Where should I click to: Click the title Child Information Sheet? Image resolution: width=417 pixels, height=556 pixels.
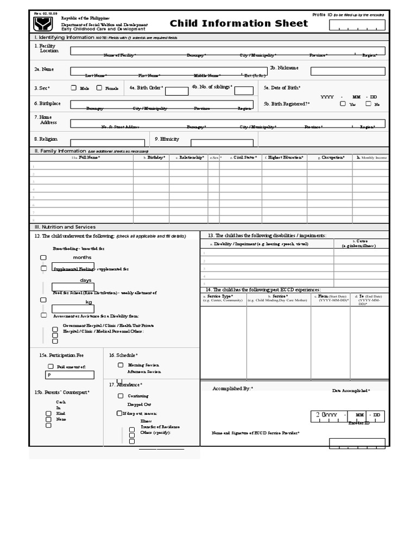228,23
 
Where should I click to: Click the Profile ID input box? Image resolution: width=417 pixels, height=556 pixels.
364,25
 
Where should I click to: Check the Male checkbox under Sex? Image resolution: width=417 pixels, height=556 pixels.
74,88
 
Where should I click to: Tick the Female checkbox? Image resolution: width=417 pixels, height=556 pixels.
99,88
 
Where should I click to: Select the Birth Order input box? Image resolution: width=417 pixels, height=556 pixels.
176,91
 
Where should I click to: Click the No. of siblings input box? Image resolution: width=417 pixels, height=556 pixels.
244,91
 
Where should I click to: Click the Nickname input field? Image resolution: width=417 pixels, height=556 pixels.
347,71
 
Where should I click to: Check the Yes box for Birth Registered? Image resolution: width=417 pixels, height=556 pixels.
343,104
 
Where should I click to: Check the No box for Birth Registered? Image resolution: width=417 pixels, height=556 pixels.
368,104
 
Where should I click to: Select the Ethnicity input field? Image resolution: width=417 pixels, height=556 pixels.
222,143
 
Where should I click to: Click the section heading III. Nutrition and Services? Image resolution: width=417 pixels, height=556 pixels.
65,227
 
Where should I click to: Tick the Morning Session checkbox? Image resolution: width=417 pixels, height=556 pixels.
121,365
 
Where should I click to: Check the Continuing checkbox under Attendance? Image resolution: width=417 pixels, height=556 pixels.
121,396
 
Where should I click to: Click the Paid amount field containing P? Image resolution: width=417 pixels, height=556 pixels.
69,375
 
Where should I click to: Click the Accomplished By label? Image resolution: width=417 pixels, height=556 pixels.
232,389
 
